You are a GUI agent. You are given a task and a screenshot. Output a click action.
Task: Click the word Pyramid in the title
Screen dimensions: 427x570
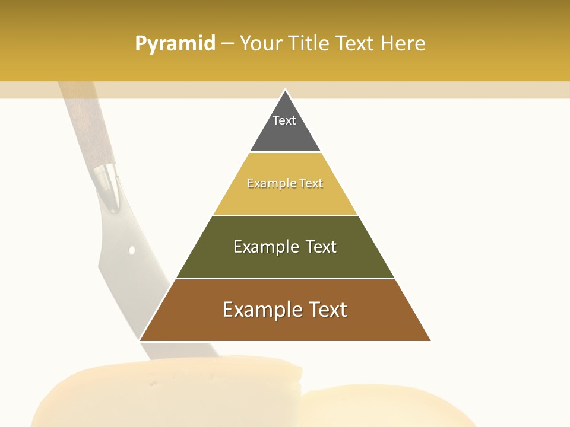tap(175, 44)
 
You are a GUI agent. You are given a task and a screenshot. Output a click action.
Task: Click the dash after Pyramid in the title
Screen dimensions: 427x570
tap(227, 44)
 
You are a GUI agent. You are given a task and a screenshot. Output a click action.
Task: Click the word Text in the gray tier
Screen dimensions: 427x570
tap(284, 120)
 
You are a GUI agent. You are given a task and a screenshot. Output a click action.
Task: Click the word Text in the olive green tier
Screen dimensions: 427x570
tap(321, 247)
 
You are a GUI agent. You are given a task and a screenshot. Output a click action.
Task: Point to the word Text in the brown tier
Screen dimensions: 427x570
tap(327, 310)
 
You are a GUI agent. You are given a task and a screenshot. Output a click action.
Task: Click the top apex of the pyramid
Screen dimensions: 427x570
tap(285, 90)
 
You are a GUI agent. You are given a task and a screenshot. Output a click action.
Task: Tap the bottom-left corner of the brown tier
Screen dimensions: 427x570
tap(140, 340)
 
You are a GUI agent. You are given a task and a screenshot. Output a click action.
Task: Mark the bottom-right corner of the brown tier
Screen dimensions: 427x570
tap(430, 340)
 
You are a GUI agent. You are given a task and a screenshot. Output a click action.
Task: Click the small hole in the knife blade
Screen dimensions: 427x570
tap(132, 250)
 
